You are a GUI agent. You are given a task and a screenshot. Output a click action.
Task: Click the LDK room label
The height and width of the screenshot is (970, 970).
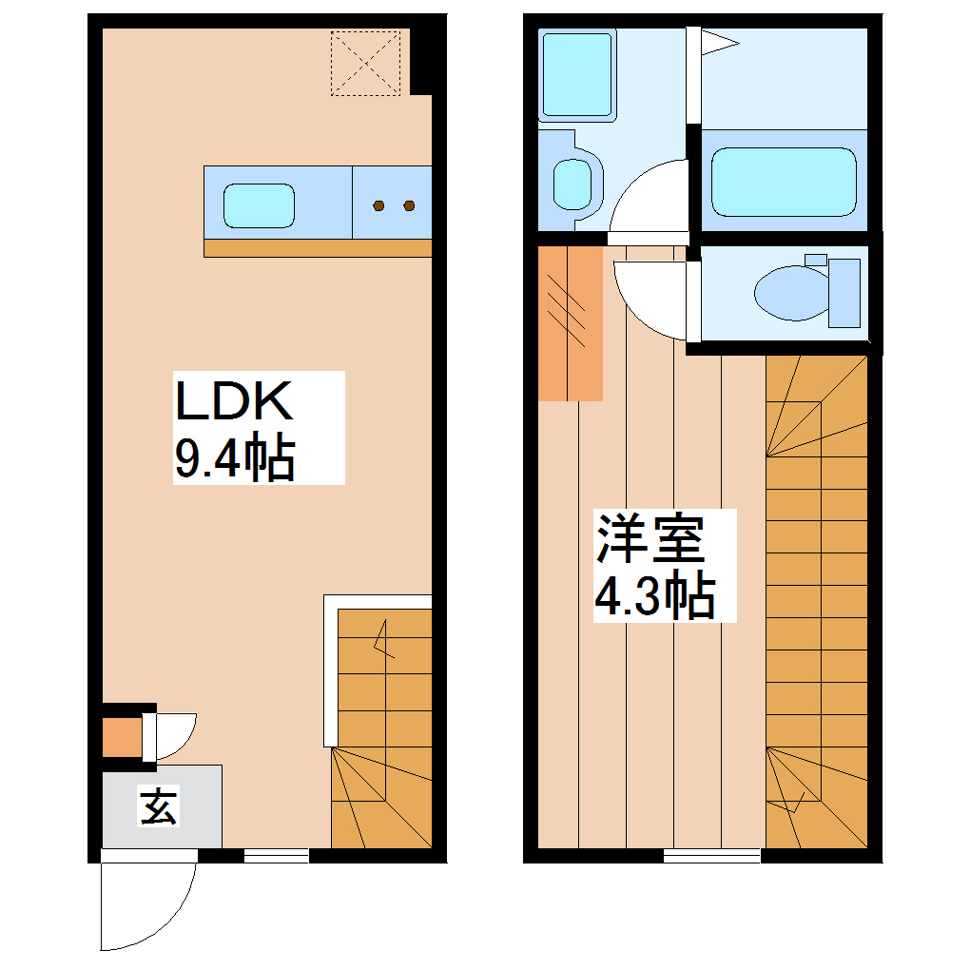click(232, 402)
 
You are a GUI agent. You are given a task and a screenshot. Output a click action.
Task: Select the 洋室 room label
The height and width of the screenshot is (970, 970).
click(650, 539)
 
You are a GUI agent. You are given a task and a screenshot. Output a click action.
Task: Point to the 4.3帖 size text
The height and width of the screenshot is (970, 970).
click(654, 597)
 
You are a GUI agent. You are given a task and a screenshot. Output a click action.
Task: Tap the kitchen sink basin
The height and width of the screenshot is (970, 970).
click(259, 205)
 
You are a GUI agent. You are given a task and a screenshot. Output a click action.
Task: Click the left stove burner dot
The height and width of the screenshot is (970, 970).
click(378, 205)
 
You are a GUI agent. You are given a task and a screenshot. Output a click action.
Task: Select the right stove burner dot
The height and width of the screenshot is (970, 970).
click(410, 205)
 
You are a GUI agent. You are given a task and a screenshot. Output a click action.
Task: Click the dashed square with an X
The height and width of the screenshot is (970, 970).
click(365, 63)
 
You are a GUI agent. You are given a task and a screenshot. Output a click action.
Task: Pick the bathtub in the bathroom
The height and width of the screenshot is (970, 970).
click(784, 181)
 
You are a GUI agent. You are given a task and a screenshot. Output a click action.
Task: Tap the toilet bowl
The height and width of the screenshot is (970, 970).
click(791, 292)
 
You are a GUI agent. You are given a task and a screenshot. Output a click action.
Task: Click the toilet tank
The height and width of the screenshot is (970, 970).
click(844, 292)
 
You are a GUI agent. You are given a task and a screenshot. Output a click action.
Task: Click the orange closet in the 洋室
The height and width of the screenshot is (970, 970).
click(570, 323)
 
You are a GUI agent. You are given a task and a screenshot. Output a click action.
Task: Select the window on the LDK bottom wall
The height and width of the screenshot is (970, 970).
click(276, 856)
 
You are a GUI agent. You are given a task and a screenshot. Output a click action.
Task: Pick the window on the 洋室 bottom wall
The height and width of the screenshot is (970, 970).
click(711, 856)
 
